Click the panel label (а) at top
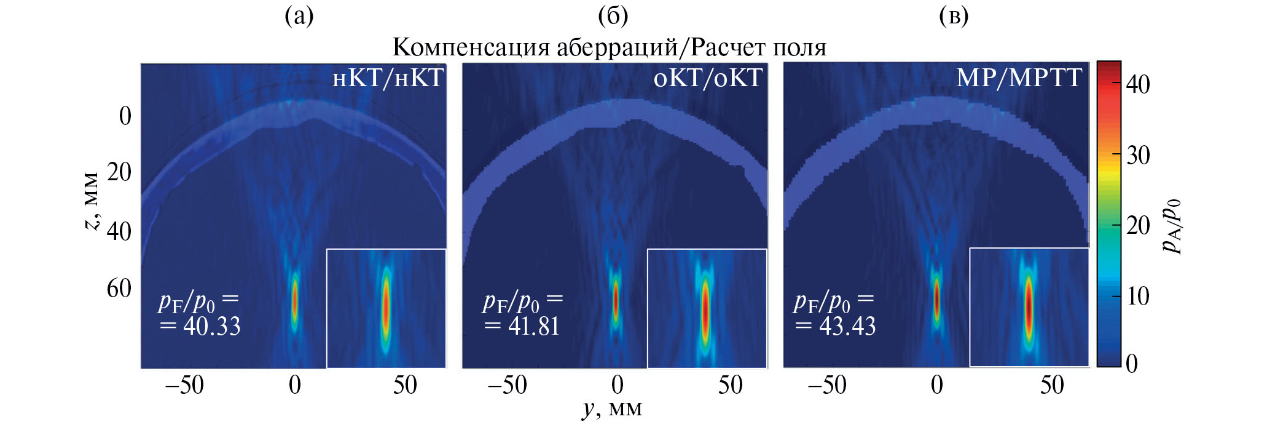point(299,16)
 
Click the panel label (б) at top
point(613,16)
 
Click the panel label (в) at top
point(954,16)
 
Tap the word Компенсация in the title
point(471,47)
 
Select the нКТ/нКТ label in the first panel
point(388,78)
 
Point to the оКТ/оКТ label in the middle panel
point(708,78)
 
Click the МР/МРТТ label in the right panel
point(1019,78)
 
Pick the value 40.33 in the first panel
point(212,326)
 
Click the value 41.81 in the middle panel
point(534,326)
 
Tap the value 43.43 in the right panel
point(847,326)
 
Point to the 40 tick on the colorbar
point(1138,84)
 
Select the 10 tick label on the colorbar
point(1138,297)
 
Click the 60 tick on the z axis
point(119,288)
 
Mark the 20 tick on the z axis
point(119,172)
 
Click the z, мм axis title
point(91,201)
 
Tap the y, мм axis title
point(612,409)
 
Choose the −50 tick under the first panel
point(184,385)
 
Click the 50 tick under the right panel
point(1052,385)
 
